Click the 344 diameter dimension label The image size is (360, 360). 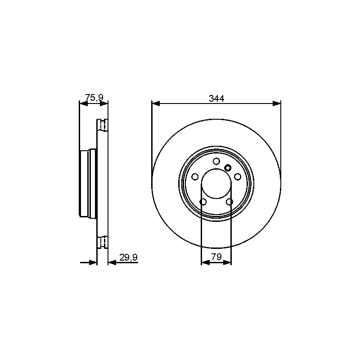(x=216, y=98)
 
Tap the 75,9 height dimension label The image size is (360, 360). (x=94, y=97)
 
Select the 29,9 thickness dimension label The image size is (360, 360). (x=128, y=257)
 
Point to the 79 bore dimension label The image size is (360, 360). (x=216, y=257)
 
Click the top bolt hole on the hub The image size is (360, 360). (x=216, y=161)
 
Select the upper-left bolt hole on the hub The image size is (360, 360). (x=195, y=177)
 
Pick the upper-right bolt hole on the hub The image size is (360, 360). (x=238, y=177)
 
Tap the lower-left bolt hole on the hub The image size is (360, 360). (x=203, y=202)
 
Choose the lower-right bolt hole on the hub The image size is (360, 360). (x=229, y=202)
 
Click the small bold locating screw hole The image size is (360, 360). (x=228, y=168)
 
